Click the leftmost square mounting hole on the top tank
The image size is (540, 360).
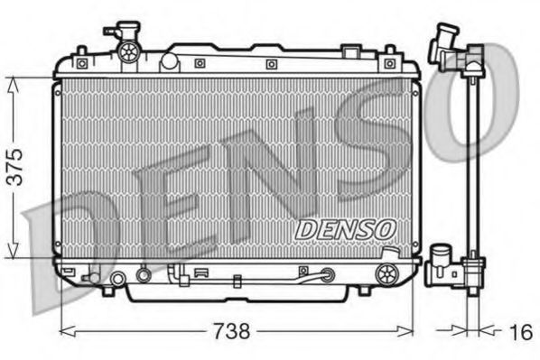point(82,63)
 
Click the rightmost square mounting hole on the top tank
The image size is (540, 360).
point(389,63)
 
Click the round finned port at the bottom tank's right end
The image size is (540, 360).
point(389,273)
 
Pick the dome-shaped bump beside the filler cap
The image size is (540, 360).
point(168,61)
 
